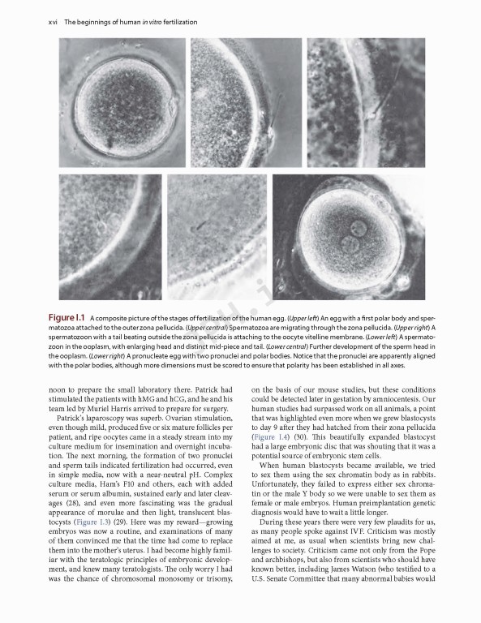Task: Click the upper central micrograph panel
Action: pyautogui.click(x=246, y=101)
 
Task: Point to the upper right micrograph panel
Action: pyautogui.click(x=366, y=101)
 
